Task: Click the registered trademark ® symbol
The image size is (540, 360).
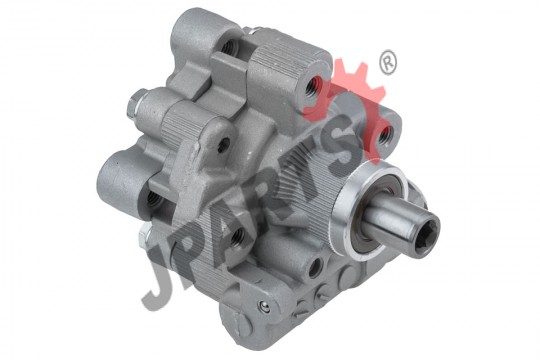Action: coord(388,63)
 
